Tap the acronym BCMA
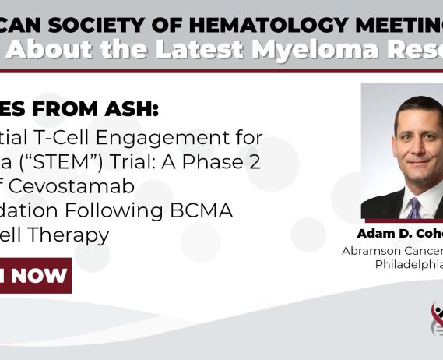226,211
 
